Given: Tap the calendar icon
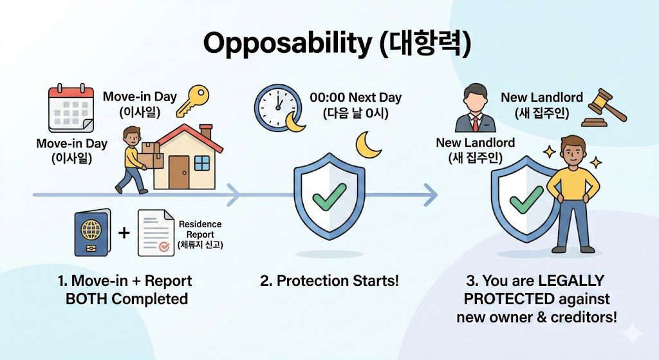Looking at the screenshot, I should pos(71,109).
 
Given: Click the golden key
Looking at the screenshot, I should pos(193,101).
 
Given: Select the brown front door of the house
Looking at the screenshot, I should pos(179,173).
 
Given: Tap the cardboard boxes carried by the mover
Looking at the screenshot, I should pos(150,154).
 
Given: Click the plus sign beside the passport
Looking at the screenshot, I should pos(124,232).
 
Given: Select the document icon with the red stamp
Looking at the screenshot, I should pos(156,233).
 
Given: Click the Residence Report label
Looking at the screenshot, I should pos(200,229).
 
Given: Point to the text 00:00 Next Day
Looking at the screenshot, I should pos(355,98).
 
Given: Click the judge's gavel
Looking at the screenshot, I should pos(604,108).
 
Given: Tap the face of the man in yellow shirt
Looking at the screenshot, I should pos(571,154).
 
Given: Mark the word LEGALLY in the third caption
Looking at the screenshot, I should pos(570,281).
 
